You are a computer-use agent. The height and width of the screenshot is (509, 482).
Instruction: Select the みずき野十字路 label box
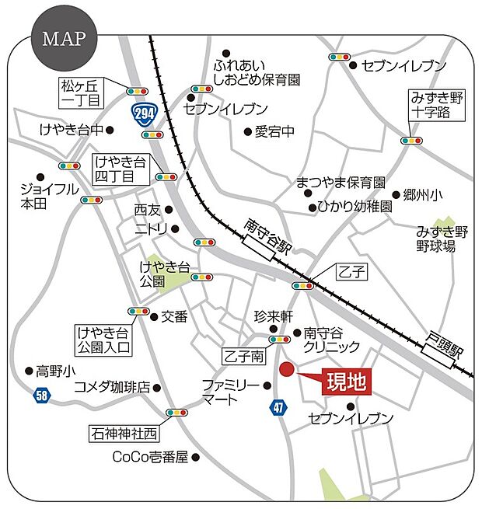(x=437, y=105)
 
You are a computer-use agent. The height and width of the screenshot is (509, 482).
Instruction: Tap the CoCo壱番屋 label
(x=151, y=457)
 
